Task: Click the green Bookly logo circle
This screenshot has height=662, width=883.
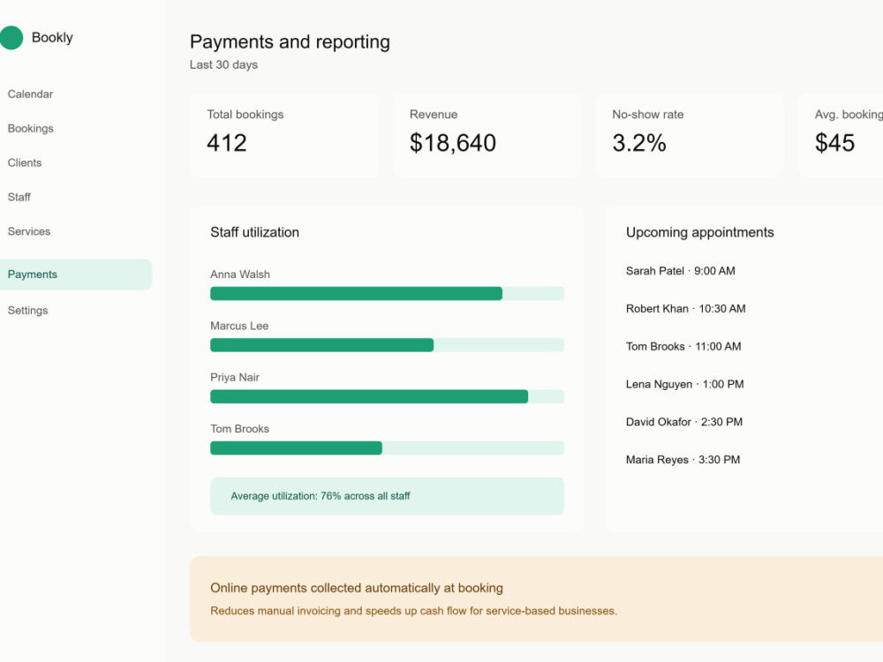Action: click(x=11, y=38)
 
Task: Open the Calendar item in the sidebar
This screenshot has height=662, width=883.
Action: click(x=30, y=94)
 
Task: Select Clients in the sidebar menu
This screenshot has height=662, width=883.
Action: click(x=25, y=162)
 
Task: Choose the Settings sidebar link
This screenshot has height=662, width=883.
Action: click(x=27, y=310)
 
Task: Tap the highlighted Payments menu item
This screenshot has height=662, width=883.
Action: click(x=75, y=275)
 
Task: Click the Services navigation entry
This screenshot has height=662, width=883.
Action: click(x=29, y=231)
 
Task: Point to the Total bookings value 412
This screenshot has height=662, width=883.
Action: click(x=227, y=143)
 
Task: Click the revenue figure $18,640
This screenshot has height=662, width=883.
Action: click(x=453, y=143)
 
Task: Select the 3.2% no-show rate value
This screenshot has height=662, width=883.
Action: click(x=639, y=143)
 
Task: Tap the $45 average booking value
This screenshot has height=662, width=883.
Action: click(x=834, y=143)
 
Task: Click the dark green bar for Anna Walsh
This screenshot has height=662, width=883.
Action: click(x=356, y=293)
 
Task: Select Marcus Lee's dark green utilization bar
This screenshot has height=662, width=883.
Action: click(x=321, y=345)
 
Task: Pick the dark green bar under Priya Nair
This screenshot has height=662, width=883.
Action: click(x=369, y=396)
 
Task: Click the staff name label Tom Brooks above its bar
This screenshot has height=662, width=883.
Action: click(x=240, y=429)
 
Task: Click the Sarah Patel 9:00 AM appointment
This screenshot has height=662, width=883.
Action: click(x=680, y=271)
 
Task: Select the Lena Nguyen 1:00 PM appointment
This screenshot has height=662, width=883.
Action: click(x=685, y=384)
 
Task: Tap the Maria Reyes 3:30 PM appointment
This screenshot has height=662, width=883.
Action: click(x=683, y=459)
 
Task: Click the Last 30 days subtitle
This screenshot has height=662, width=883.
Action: click(x=223, y=64)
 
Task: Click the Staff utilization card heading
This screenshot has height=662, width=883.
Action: click(x=254, y=232)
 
